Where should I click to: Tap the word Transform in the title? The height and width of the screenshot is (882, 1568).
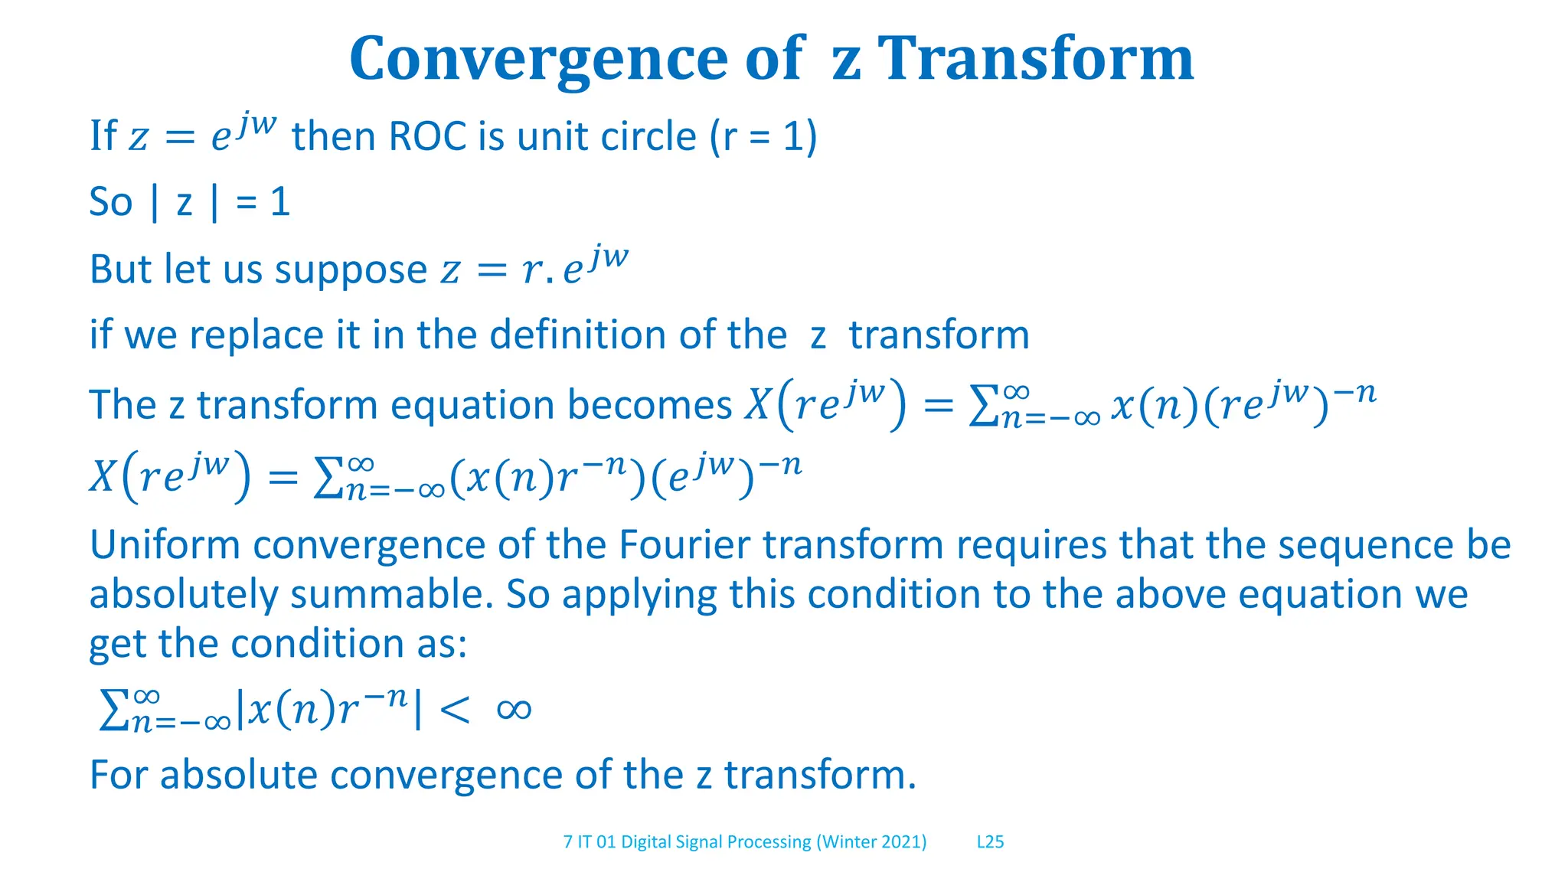(x=1034, y=60)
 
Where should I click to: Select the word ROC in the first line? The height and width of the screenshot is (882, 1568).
(x=427, y=137)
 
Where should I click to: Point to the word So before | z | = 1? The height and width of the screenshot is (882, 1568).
(x=111, y=203)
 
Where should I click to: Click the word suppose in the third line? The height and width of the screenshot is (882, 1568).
(x=351, y=269)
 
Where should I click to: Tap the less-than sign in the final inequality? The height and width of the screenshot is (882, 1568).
(x=455, y=710)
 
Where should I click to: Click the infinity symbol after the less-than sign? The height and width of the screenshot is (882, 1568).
(x=514, y=710)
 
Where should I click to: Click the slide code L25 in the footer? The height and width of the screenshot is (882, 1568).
(x=990, y=842)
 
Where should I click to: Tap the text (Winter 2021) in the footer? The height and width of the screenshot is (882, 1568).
(x=871, y=842)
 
